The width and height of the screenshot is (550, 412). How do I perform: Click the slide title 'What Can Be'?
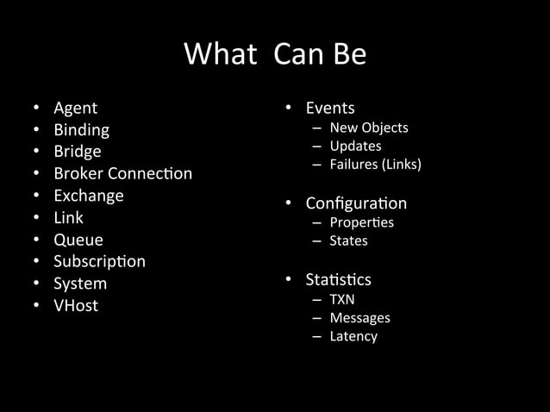[275, 55]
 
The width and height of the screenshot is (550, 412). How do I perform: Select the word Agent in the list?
[75, 108]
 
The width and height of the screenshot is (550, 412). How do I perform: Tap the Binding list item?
[81, 130]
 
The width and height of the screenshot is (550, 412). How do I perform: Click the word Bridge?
[77, 152]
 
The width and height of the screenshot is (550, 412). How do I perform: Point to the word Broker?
[78, 173]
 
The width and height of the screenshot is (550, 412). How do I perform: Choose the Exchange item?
[88, 196]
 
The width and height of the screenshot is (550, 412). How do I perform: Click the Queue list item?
[78, 240]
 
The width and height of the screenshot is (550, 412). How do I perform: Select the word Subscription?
[99, 261]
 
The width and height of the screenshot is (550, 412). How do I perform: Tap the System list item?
[80, 284]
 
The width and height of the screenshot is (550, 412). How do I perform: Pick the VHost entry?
[76, 305]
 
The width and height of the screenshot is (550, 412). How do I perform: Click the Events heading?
[330, 108]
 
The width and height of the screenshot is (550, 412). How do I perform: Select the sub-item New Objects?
[368, 128]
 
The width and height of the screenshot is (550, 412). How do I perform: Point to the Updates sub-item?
[355, 146]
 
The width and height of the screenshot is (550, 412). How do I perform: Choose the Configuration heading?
[356, 203]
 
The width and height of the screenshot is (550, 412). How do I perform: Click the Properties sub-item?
[361, 222]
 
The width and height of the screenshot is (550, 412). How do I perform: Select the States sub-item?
[348, 240]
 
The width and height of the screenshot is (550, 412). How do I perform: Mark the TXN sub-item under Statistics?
[342, 299]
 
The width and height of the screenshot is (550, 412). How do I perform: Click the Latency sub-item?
[353, 336]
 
